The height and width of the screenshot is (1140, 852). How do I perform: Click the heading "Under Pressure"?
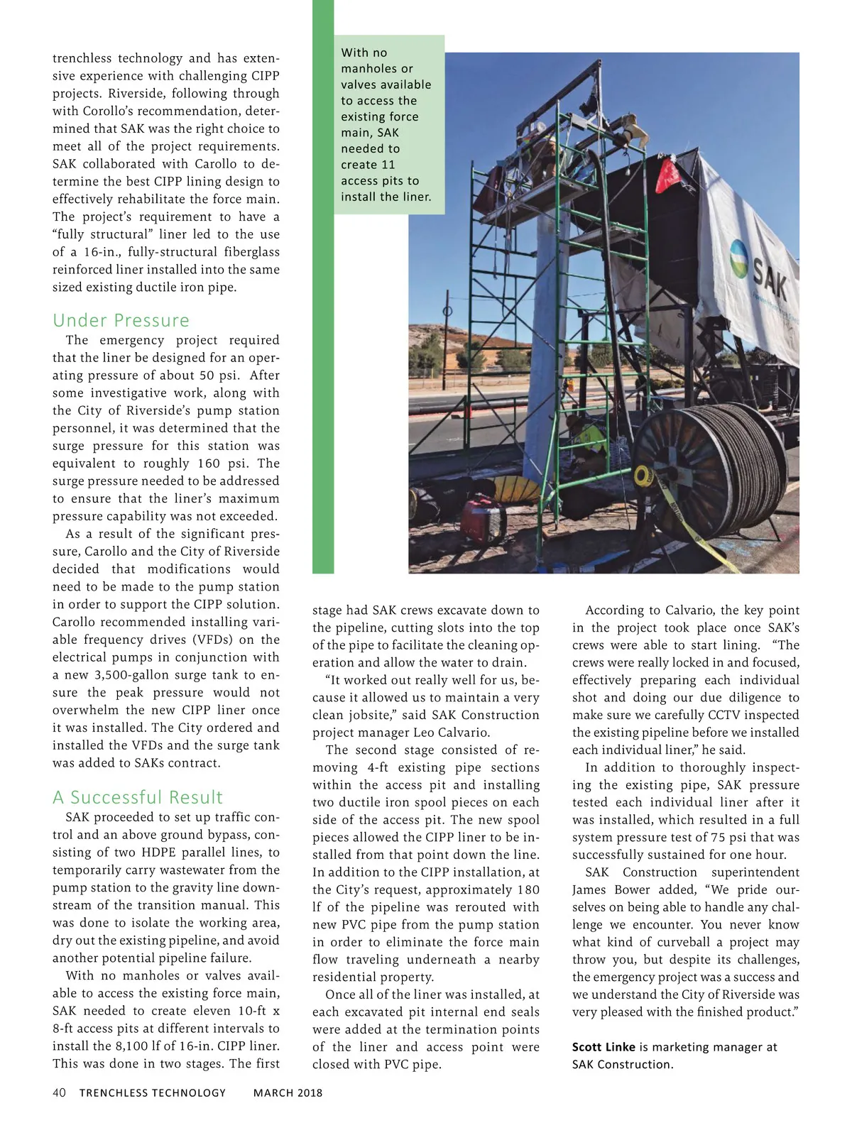(121, 320)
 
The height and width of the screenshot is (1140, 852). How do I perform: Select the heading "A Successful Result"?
(137, 797)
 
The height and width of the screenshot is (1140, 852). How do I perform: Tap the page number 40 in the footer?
(59, 1092)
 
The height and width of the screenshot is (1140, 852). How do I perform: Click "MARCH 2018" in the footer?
(288, 1092)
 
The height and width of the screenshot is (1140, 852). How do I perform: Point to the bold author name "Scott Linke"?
(603, 1047)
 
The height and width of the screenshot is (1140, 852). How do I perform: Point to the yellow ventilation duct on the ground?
(519, 490)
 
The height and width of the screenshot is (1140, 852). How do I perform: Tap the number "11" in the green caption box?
(388, 165)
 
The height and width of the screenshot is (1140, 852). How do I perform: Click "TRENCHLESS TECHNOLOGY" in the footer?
(152, 1092)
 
